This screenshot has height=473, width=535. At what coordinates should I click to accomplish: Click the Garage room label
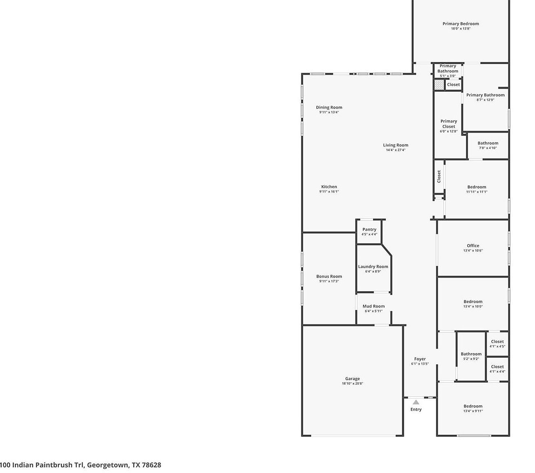(x=352, y=379)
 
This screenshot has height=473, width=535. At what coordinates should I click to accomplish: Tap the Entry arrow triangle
(x=416, y=402)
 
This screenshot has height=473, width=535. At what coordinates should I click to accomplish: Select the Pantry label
(x=369, y=230)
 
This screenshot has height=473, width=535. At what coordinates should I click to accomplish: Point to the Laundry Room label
(x=373, y=266)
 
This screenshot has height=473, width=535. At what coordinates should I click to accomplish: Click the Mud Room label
(x=374, y=306)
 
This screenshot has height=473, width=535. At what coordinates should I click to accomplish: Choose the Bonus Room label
(x=329, y=276)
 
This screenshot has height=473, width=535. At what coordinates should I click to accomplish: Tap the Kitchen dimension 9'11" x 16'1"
(x=329, y=192)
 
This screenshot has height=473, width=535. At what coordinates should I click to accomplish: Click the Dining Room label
(x=329, y=107)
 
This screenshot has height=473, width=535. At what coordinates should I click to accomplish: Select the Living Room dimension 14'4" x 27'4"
(x=395, y=150)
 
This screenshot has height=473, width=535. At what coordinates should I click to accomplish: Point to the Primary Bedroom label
(x=460, y=24)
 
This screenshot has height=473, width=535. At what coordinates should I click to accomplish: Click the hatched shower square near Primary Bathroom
(x=439, y=85)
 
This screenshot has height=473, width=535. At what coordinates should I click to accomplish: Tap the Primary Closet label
(x=448, y=124)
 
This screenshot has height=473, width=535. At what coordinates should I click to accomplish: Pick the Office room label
(x=473, y=246)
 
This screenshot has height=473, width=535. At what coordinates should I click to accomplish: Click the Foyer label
(x=420, y=359)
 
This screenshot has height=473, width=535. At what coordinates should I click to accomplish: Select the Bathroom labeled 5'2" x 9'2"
(x=471, y=354)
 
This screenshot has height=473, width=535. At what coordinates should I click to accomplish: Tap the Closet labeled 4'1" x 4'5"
(x=497, y=342)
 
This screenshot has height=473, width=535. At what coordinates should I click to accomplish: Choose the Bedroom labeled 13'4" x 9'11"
(x=473, y=406)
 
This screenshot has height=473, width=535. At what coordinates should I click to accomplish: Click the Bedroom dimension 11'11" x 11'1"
(x=476, y=192)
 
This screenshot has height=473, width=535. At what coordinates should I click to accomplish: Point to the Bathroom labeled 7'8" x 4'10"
(x=488, y=143)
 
